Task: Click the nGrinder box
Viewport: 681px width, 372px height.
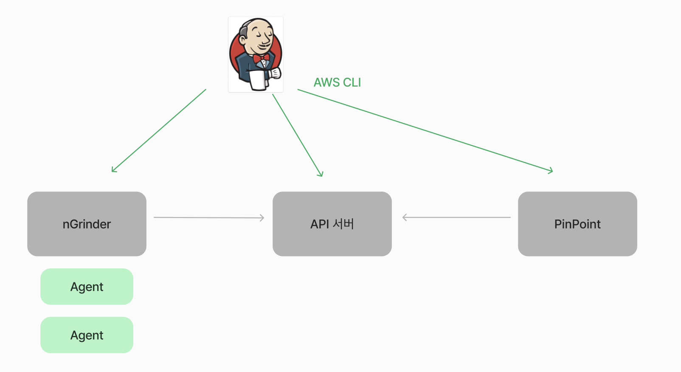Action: coord(87,224)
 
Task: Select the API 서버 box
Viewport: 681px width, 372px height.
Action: coord(332,224)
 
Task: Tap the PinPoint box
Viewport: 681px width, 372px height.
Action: coord(577,224)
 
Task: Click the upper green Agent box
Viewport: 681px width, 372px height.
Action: coord(87,287)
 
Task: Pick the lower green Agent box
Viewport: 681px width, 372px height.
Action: coord(87,335)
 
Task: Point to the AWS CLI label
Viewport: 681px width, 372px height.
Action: coord(337,82)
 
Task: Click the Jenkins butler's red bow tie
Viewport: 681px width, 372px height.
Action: coord(261,58)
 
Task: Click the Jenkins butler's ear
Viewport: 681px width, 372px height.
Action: coord(242,40)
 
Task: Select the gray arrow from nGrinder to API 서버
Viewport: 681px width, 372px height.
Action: coord(208,217)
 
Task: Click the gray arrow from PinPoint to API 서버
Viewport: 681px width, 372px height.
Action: coord(456,217)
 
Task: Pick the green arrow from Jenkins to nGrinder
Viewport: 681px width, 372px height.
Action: coord(159,130)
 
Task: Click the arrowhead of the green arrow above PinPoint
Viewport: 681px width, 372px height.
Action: coord(552,171)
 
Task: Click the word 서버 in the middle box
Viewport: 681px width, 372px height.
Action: coord(343,224)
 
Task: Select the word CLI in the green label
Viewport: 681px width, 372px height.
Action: coord(352,82)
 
